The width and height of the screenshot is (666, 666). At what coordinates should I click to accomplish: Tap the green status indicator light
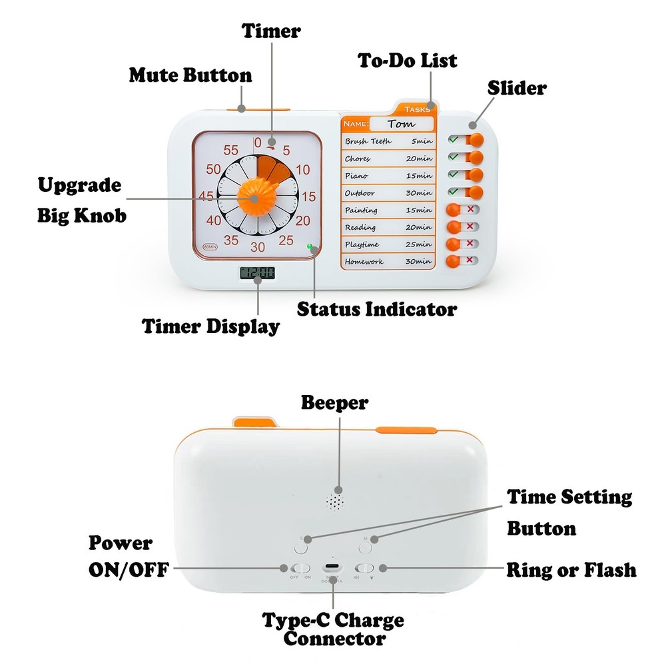click(310, 247)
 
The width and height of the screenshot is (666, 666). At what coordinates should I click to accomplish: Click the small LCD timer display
click(256, 273)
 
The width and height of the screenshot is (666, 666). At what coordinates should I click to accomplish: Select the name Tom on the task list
click(400, 124)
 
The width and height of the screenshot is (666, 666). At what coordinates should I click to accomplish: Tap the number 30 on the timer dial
click(258, 248)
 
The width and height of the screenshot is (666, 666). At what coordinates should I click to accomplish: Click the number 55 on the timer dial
click(231, 150)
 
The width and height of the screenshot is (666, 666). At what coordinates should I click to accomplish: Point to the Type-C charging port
click(331, 568)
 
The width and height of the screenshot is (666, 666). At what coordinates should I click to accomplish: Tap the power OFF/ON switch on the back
click(300, 568)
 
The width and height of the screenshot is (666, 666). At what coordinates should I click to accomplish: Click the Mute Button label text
click(190, 75)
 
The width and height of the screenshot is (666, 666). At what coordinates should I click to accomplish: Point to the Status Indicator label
click(376, 309)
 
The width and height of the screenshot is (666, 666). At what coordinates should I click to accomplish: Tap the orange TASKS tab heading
click(413, 109)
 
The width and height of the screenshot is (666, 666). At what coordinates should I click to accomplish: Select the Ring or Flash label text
click(571, 570)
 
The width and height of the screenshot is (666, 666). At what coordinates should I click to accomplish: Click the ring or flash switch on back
click(364, 568)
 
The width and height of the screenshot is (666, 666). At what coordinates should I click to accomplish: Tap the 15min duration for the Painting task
click(419, 210)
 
